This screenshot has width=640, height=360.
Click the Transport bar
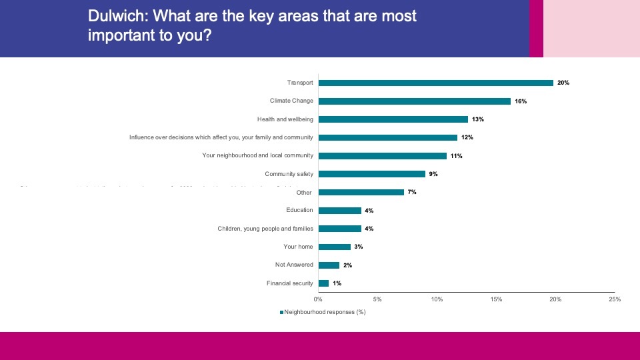pos(436,83)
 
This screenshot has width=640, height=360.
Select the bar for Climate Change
pos(414,101)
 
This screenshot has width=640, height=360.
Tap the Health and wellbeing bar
pos(393,119)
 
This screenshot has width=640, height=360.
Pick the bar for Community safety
pos(372,174)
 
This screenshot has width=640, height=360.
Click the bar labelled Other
pos(361,192)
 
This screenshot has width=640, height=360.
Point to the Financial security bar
pos(324,283)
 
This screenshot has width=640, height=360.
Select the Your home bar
pos(335,247)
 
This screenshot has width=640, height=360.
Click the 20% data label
pos(563,83)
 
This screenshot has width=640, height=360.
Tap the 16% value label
pos(521,101)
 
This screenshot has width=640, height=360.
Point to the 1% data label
pos(337,283)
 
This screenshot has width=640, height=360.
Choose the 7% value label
pos(412,192)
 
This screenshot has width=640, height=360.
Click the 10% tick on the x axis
pos(437,299)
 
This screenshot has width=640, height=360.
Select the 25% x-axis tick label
pos(615,299)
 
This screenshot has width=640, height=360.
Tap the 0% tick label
pos(318,299)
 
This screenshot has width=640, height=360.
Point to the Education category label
pos(299,211)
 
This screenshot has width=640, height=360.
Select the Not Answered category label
pos(294,265)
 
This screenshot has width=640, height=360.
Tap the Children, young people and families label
pos(265,229)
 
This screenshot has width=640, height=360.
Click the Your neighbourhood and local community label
pos(257,156)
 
